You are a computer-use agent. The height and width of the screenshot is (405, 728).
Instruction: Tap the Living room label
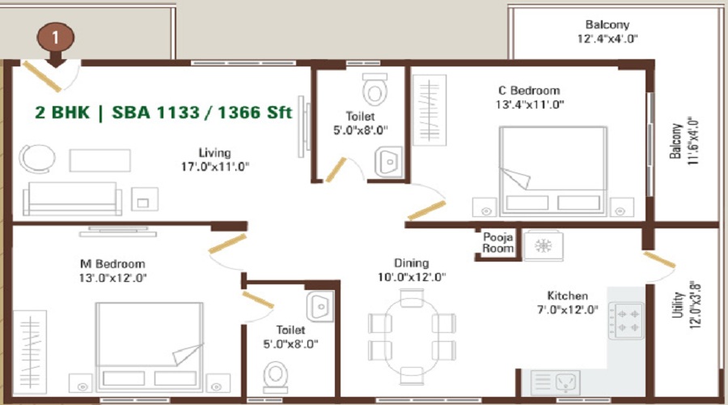tap(215, 152)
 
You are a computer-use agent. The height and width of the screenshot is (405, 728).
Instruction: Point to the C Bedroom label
tap(529, 91)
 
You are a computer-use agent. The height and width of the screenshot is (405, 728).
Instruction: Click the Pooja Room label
tap(498, 243)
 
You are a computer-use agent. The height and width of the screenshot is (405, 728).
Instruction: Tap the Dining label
tap(411, 263)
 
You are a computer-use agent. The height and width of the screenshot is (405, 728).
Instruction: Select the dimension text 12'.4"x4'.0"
tap(607, 39)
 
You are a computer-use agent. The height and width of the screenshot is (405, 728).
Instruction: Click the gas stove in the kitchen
tap(627, 320)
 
